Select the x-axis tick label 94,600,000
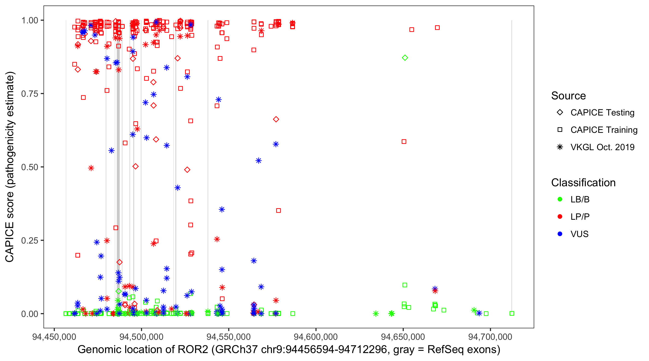pyautogui.click(x=316, y=337)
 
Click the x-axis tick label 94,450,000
pyautogui.click(x=54, y=337)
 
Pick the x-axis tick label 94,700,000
pyautogui.click(x=490, y=337)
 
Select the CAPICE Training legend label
pyautogui.click(x=604, y=130)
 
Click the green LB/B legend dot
pyautogui.click(x=560, y=200)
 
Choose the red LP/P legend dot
pyautogui.click(x=560, y=217)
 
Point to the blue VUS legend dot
pyautogui.click(x=560, y=234)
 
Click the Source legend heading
pyautogui.click(x=568, y=96)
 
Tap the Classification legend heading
pyautogui.click(x=583, y=183)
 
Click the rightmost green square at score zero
pyautogui.click(x=512, y=314)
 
